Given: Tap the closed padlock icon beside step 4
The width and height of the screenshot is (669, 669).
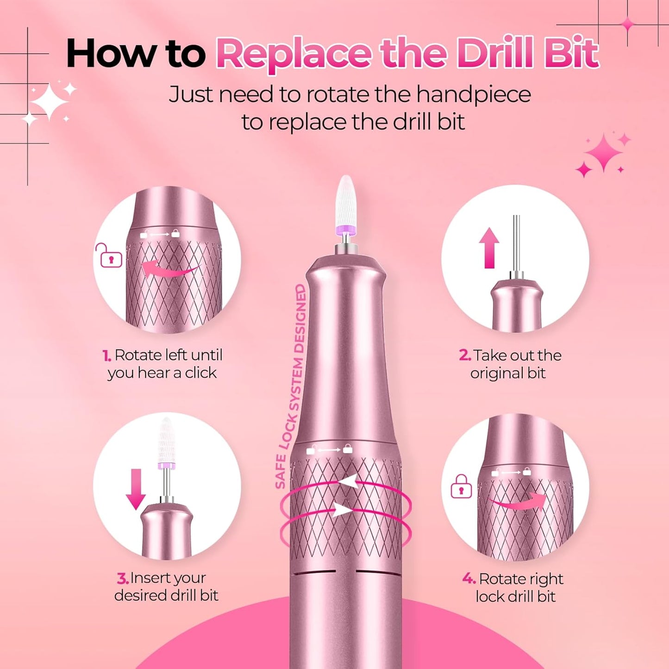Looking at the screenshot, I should point(461,487).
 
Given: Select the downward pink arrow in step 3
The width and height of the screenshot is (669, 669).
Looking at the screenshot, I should point(136,489).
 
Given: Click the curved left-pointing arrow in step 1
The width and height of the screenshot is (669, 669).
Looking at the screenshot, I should point(169,269).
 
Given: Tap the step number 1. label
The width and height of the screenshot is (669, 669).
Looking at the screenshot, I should point(106,356).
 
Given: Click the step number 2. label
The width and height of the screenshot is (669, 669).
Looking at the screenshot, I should point(465,356).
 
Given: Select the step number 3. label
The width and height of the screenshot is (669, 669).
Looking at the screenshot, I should point(122,578).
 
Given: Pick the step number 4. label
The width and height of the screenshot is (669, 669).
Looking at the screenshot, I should point(469,579).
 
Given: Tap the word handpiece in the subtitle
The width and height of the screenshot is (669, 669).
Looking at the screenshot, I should point(473,95).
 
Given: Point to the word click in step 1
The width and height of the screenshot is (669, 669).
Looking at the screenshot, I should point(200,373).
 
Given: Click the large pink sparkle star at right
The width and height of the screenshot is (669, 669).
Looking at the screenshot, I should point(603,153).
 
